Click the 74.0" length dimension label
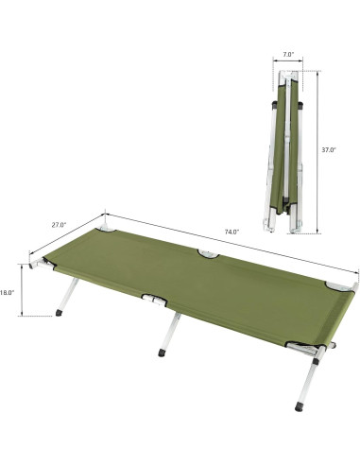pos(232,231)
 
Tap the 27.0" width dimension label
pos(59,225)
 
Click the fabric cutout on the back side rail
pos(206,252)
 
